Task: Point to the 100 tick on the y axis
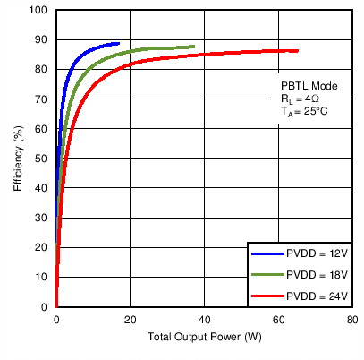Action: pyautogui.click(x=39, y=11)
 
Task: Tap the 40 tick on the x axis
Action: pyautogui.click(x=204, y=320)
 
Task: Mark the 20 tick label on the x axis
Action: pyautogui.click(x=130, y=320)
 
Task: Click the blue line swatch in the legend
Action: pyautogui.click(x=267, y=254)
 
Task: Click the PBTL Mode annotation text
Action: pyautogui.click(x=307, y=86)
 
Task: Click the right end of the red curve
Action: pyautogui.click(x=297, y=50)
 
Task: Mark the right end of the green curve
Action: pyautogui.click(x=193, y=47)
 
